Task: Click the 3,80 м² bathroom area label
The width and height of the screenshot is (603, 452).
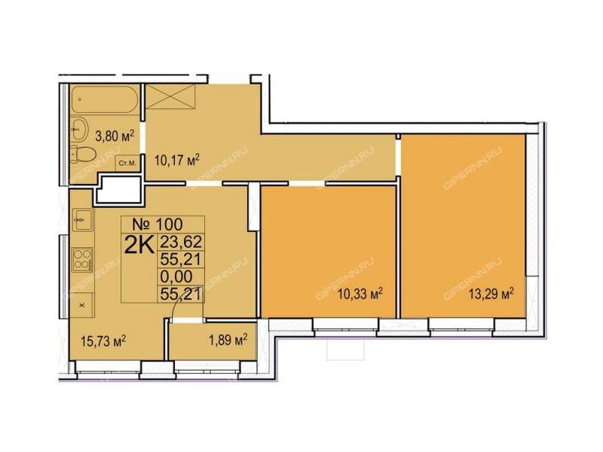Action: tap(115, 136)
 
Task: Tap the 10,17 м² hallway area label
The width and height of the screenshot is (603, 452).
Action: tap(177, 160)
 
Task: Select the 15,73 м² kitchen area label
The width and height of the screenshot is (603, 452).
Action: tap(104, 341)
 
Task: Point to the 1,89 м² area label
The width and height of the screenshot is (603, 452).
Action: tap(228, 340)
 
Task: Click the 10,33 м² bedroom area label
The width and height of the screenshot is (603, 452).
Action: tap(360, 295)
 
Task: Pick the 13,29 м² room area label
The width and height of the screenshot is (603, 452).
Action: tap(491, 295)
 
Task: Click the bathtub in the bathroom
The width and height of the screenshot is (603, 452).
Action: tap(104, 99)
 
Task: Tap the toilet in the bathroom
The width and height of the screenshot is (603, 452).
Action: tap(83, 154)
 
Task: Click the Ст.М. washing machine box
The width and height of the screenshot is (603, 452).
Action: tap(127, 163)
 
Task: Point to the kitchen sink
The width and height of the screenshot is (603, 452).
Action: tap(82, 220)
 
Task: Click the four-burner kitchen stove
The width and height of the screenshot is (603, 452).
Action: tap(83, 259)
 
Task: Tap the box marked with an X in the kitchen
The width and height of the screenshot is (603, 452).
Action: tap(82, 305)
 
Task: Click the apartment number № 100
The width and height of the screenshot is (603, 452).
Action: tap(158, 224)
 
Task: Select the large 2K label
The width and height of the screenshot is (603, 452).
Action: tap(139, 246)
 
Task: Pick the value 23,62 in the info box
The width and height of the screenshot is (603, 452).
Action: tap(181, 242)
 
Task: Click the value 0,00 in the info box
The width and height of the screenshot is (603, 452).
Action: tap(176, 276)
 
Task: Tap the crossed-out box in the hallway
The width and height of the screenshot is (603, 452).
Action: tap(171, 97)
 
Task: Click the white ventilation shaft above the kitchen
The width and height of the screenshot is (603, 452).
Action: tap(118, 189)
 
